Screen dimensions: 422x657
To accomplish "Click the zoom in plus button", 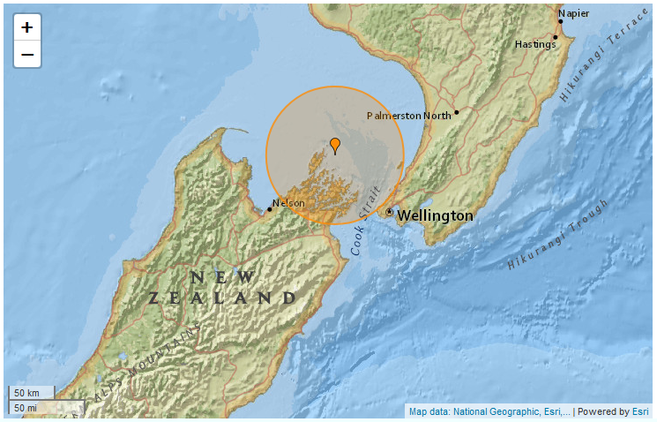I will pyautogui.click(x=27, y=27).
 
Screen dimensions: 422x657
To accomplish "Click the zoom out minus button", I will pyautogui.click(x=27, y=55).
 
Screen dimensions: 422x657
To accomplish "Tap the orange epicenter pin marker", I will pyautogui.click(x=335, y=146).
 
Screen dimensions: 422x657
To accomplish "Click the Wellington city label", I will pyautogui.click(x=435, y=215).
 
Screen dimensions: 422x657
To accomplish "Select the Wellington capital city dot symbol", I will pyautogui.click(x=390, y=212).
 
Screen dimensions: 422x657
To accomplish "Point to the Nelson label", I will pyautogui.click(x=288, y=203).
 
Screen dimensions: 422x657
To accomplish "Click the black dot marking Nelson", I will pyautogui.click(x=270, y=209).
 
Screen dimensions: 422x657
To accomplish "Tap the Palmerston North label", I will pyautogui.click(x=408, y=116).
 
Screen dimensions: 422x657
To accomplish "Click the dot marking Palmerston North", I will pyautogui.click(x=456, y=112).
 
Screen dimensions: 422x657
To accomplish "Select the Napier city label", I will pyautogui.click(x=573, y=13).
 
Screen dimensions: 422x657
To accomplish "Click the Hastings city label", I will pyautogui.click(x=536, y=43).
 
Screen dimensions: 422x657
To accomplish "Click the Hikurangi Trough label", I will pyautogui.click(x=558, y=235).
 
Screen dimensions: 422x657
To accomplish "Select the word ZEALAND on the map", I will pyautogui.click(x=221, y=298).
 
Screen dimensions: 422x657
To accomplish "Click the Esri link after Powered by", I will pyautogui.click(x=639, y=411).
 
